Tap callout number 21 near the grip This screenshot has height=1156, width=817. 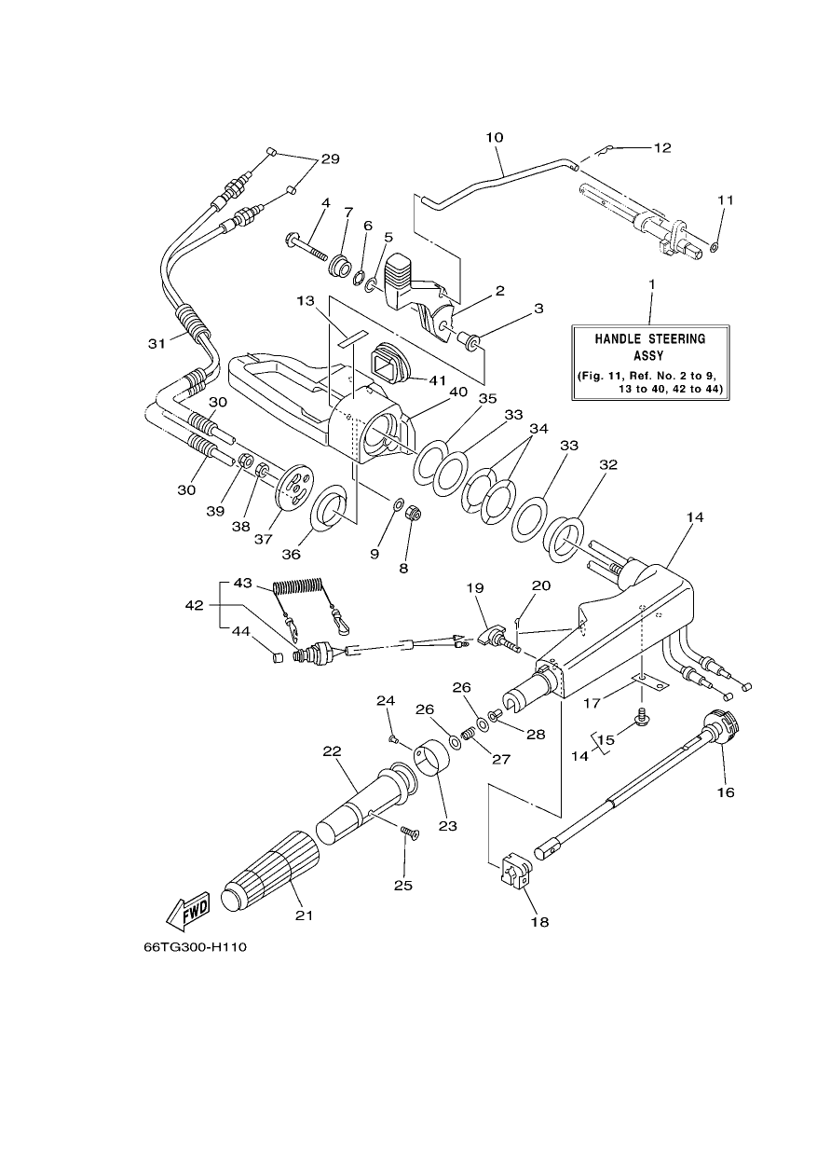[x=305, y=915]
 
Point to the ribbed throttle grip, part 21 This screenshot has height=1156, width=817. [x=271, y=871]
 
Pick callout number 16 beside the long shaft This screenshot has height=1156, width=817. [x=725, y=791]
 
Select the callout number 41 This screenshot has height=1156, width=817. [x=438, y=380]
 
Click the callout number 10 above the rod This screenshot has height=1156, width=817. [x=495, y=137]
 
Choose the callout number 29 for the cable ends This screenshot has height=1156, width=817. [x=330, y=158]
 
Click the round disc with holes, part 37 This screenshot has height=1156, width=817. [x=294, y=489]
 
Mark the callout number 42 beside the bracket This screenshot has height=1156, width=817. [x=195, y=605]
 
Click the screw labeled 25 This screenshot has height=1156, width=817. [x=410, y=832]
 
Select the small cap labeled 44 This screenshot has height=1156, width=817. [x=278, y=657]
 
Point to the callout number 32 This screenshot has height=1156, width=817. [x=608, y=464]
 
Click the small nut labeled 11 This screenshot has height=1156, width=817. [x=714, y=248]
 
